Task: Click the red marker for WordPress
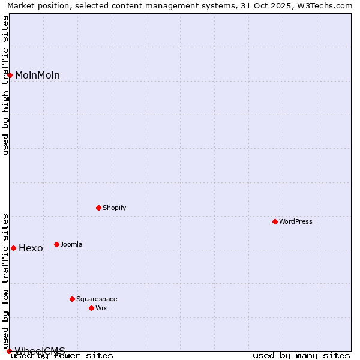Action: [275, 221]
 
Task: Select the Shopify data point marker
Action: [99, 208]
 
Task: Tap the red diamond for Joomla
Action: [57, 244]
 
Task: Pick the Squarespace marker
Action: [73, 299]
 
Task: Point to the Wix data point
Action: [92, 308]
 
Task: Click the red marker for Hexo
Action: [13, 248]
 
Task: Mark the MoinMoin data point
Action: [10, 75]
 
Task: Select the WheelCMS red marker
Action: [10, 351]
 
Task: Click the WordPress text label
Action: [296, 221]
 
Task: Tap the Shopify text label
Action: [115, 208]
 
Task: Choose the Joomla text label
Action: [71, 244]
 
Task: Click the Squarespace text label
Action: [97, 299]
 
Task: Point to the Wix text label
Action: [101, 308]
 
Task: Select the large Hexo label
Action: [31, 248]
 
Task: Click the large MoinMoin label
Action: [37, 76]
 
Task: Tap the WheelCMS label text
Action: [40, 350]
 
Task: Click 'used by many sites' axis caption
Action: [301, 356]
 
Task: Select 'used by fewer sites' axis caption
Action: [62, 356]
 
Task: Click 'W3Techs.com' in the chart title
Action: [327, 6]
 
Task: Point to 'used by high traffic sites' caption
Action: [6, 85]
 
